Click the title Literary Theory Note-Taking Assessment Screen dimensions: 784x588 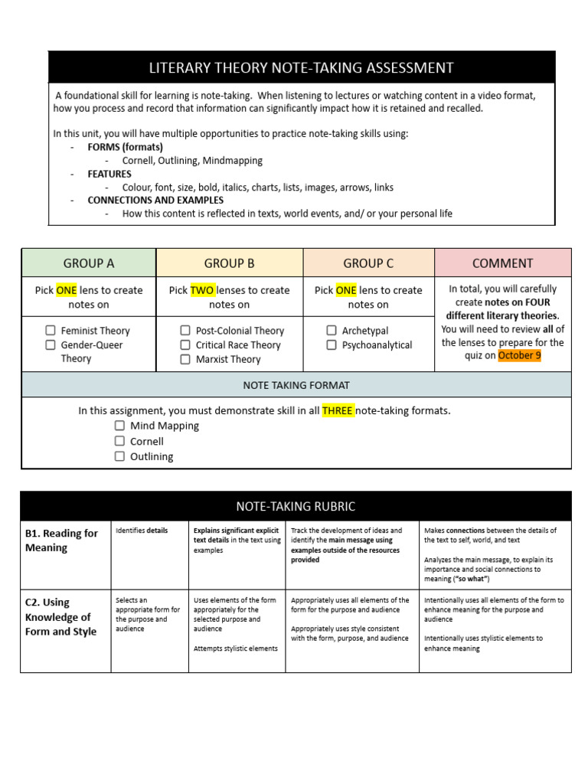coord(301,68)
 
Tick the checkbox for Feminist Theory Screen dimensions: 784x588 coord(51,331)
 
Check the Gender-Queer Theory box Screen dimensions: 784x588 coord(51,345)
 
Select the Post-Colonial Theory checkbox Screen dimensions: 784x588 coord(185,331)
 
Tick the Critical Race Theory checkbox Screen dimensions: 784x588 coord(185,345)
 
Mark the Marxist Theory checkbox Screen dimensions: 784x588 coord(185,359)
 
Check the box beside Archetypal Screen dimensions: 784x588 coord(332,331)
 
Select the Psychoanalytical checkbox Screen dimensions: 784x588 coord(332,345)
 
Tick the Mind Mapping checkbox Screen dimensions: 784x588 coord(119,426)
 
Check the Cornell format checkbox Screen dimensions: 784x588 coord(119,441)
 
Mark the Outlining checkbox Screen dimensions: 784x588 coord(119,456)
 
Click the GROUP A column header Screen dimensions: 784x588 coord(89,263)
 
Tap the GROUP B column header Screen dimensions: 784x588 coord(229,263)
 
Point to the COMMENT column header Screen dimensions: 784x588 coord(502,263)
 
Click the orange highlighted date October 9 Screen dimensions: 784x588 coord(519,356)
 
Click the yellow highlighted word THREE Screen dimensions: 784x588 coord(338,411)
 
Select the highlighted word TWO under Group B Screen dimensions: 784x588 coord(202,291)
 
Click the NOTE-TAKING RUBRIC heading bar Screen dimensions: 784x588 coord(296,507)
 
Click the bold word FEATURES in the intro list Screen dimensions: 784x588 coord(109,174)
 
